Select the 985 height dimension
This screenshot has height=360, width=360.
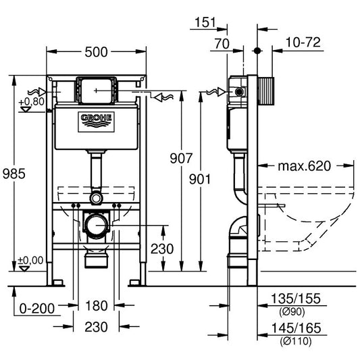tap(14, 174)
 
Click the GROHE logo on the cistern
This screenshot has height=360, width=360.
tap(97, 120)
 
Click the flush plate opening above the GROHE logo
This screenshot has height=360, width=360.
tap(96, 88)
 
